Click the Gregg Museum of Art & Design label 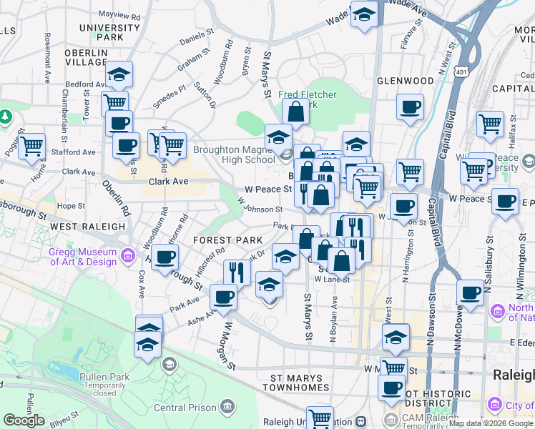82,257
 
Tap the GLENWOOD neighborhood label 405,81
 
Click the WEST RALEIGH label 88,226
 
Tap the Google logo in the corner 24,420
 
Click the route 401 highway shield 463,71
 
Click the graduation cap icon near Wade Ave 364,14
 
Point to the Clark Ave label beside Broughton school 168,182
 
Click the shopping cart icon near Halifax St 490,124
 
